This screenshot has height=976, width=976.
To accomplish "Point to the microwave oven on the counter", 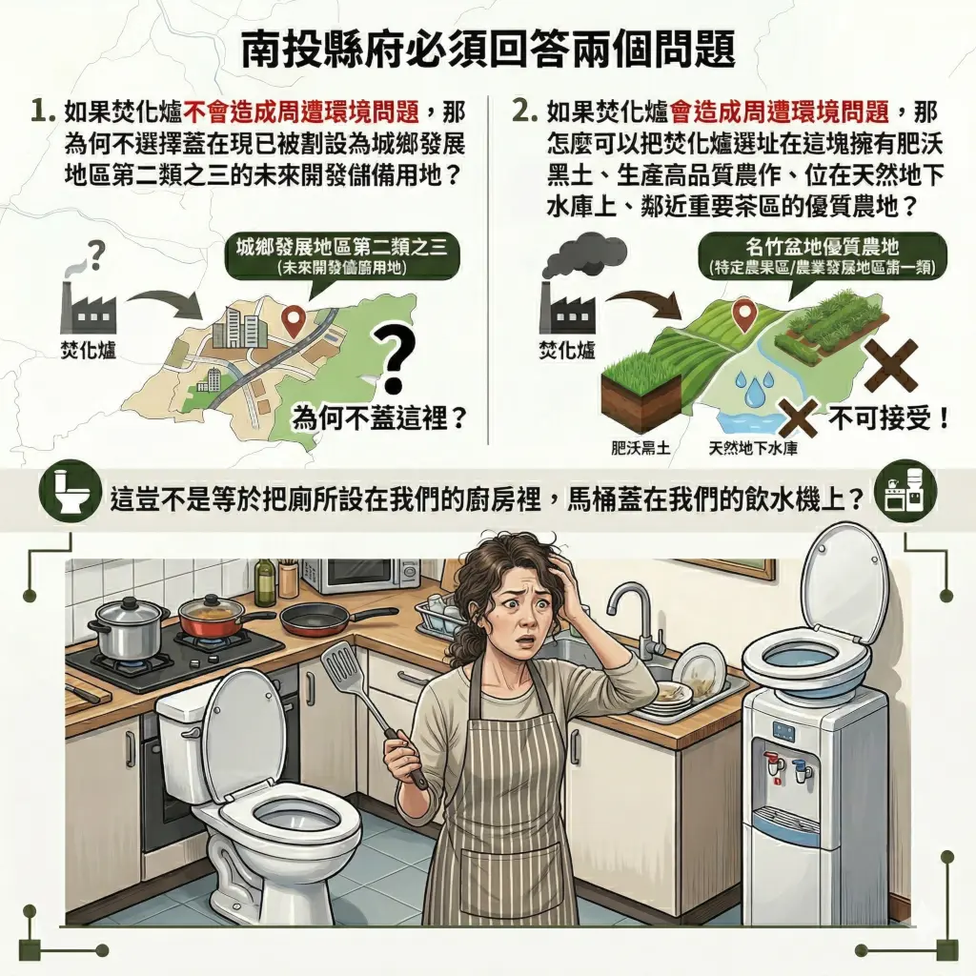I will tap(360, 574).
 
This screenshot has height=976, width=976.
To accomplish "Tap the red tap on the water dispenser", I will tap(770, 763).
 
